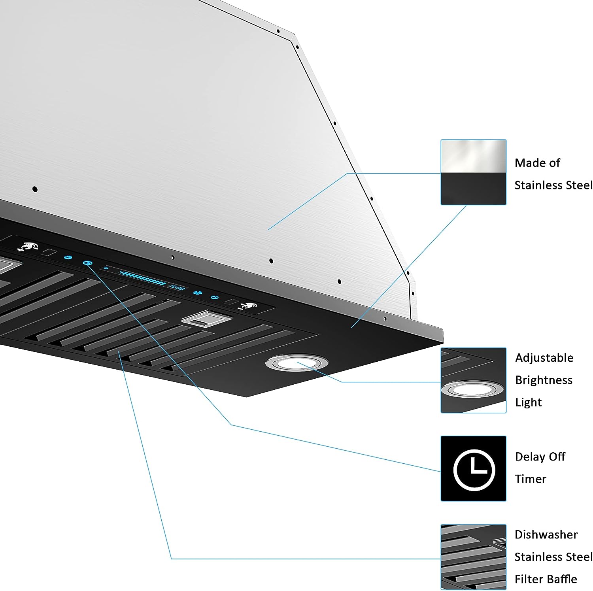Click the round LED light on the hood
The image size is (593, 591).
coord(296,363)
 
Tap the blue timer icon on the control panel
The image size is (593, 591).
coord(87,263)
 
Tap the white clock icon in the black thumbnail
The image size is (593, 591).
coord(474,469)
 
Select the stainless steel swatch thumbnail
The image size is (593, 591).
coord(473,172)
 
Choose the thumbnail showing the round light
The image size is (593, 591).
coord(473,380)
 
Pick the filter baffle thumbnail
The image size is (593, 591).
coord(473,557)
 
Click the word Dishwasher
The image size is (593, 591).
coord(546,534)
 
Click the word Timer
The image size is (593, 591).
coord(530,479)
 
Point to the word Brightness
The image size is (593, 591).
coord(544,380)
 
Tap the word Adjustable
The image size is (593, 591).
coord(544,358)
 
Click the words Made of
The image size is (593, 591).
coord(537,163)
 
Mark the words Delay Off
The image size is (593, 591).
coord(540,457)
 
